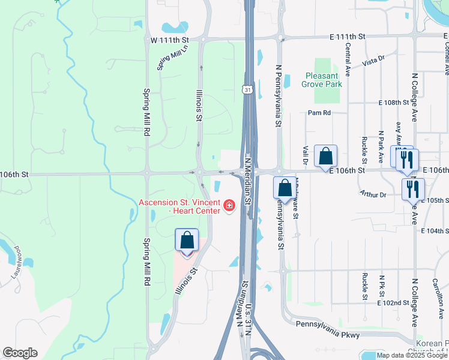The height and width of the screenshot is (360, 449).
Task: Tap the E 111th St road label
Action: click(346, 37)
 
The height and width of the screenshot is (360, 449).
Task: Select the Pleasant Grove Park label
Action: click(324, 80)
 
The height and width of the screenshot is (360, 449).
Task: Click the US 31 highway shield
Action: click(247, 90)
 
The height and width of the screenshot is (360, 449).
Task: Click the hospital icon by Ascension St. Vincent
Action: click(229, 206)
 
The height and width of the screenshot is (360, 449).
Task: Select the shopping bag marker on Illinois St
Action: click(187, 241)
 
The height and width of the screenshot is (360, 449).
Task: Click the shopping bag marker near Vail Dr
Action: click(325, 156)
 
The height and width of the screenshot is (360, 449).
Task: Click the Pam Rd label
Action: click(319, 112)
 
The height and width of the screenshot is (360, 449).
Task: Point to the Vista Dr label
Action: click(373, 60)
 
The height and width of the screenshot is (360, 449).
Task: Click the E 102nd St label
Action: click(393, 303)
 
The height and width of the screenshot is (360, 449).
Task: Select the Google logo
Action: click(20, 353)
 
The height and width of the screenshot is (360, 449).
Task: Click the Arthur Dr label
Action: click(374, 194)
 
